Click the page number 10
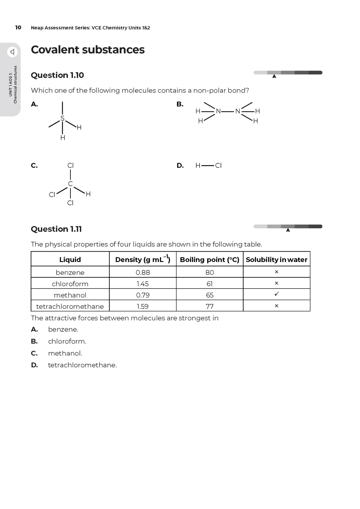(x=18, y=27)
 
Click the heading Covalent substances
(x=87, y=50)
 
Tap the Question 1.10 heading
(x=57, y=75)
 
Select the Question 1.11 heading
(x=56, y=229)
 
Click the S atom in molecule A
(x=63, y=118)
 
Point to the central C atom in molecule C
(x=70, y=184)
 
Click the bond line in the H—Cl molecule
(x=208, y=166)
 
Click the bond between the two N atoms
(x=228, y=111)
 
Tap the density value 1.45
(x=143, y=284)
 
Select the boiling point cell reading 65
(x=210, y=295)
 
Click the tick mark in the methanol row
(x=277, y=294)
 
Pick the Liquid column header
(x=70, y=259)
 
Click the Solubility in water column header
(x=277, y=259)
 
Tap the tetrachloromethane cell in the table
(x=70, y=306)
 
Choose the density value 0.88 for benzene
(x=143, y=272)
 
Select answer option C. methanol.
(x=65, y=353)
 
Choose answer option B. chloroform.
(x=67, y=341)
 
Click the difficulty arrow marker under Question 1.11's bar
(x=288, y=230)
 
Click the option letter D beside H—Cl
(x=180, y=166)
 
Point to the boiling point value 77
(x=210, y=306)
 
